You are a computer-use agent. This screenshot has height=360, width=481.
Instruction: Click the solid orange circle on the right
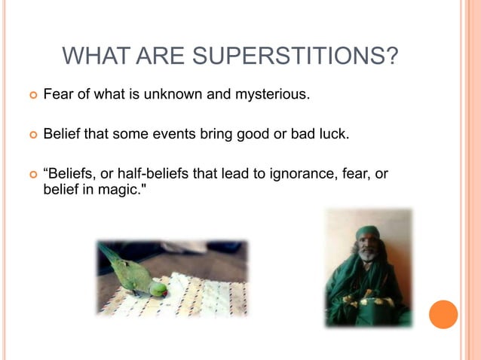click(443, 313)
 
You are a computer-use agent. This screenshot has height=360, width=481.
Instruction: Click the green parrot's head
click(158, 288)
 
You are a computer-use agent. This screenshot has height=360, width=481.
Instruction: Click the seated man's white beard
click(366, 256)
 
